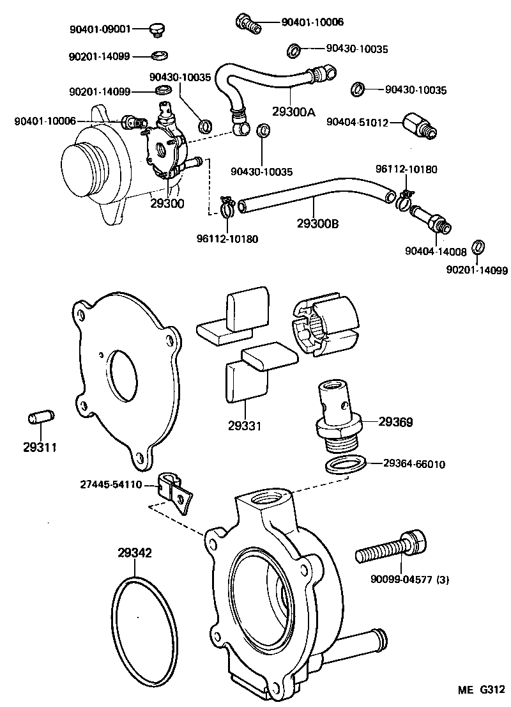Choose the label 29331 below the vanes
(x=243, y=425)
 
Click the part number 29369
(x=395, y=422)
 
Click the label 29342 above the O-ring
(x=134, y=553)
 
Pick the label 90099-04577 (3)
(x=410, y=580)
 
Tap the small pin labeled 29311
(x=40, y=419)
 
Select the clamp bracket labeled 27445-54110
(x=175, y=492)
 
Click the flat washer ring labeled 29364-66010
(x=346, y=464)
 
